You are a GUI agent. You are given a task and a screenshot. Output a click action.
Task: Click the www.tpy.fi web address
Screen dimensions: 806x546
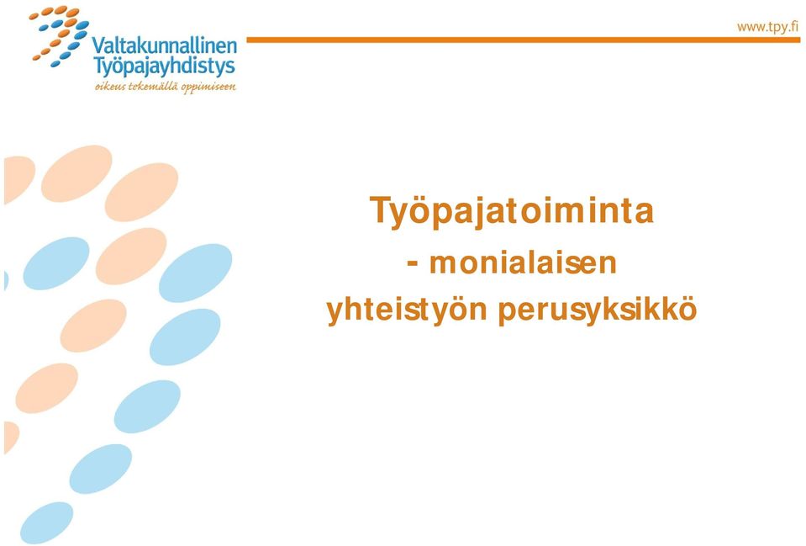(x=767, y=27)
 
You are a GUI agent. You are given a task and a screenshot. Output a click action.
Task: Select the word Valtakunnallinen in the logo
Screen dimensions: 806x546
(x=165, y=45)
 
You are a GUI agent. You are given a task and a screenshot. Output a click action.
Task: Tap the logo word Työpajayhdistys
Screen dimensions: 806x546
(x=164, y=66)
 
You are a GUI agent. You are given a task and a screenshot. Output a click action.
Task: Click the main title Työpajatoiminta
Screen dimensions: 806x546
(x=512, y=211)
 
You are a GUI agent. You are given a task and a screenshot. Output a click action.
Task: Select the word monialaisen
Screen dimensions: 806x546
(x=523, y=262)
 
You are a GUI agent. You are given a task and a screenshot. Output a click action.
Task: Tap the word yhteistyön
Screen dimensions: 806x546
(x=407, y=310)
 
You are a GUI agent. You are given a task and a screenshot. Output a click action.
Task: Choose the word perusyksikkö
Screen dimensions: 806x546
(x=598, y=310)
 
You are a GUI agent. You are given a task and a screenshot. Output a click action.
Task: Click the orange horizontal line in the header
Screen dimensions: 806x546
(x=524, y=40)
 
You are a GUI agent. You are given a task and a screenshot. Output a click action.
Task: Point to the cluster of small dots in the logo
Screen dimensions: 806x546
(x=60, y=36)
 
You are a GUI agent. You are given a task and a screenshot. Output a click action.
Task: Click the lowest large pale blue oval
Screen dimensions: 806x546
(x=47, y=522)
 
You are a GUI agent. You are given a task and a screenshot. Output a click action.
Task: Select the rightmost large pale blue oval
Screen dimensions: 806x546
(x=195, y=273)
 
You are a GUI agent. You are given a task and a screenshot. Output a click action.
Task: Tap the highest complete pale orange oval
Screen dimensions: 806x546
(x=76, y=173)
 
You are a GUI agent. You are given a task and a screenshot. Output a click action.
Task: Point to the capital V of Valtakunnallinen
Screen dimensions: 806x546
(x=98, y=46)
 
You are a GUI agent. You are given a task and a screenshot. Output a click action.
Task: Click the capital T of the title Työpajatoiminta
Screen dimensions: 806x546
(x=380, y=210)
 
